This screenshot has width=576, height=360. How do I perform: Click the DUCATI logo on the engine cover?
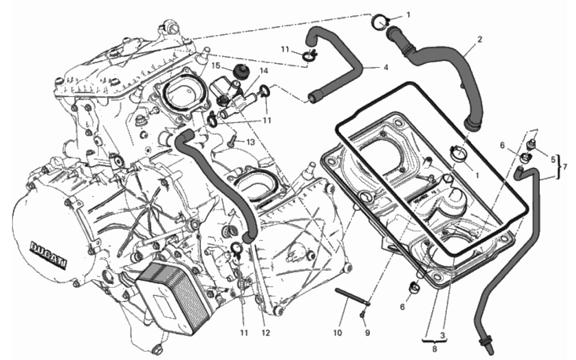pyautogui.click(x=48, y=255)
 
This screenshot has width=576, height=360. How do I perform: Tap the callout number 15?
pyautogui.click(x=216, y=66)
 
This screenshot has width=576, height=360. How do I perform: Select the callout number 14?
pyautogui.click(x=264, y=71)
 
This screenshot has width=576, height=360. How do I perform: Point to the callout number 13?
pyautogui.click(x=250, y=142)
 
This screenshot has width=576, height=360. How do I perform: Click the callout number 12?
pyautogui.click(x=266, y=333)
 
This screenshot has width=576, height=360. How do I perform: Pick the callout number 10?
pyautogui.click(x=337, y=333)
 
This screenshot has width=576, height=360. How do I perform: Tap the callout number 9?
pyautogui.click(x=367, y=333)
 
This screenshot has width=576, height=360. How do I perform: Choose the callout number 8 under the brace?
pyautogui.click(x=434, y=349)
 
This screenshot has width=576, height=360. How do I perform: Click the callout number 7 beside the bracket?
pyautogui.click(x=565, y=167)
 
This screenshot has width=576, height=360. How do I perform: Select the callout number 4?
pyautogui.click(x=386, y=67)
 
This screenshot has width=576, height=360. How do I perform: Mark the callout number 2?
pyautogui.click(x=479, y=39)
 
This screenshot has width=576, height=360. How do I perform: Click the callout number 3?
pyautogui.click(x=442, y=335)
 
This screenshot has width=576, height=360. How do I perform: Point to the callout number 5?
pyautogui.click(x=553, y=160)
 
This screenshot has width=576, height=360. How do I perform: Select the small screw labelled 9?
pyautogui.click(x=362, y=314)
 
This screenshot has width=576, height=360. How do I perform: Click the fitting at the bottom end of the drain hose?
pyautogui.click(x=486, y=347)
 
